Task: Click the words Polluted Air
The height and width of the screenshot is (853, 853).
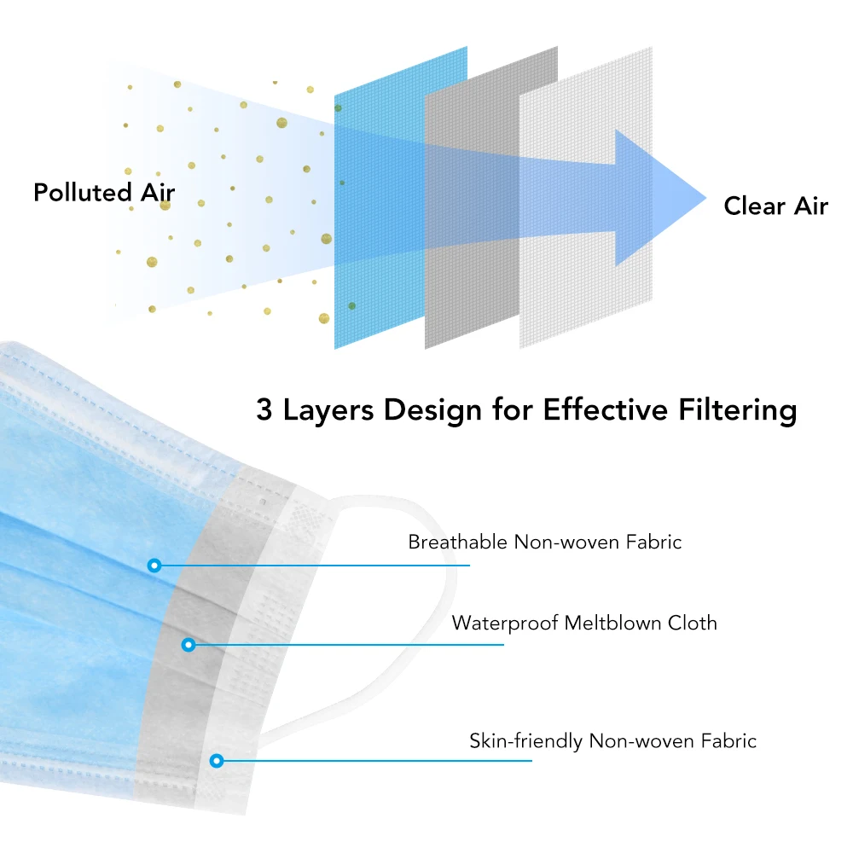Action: (x=104, y=193)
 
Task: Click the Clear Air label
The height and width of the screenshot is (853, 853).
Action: (x=775, y=206)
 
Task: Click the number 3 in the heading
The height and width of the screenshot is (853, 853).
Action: (x=264, y=409)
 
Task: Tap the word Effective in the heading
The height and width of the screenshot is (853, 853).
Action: (x=605, y=409)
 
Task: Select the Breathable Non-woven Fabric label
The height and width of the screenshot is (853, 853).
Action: (x=544, y=542)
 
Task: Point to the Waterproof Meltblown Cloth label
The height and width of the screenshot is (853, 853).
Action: (x=584, y=624)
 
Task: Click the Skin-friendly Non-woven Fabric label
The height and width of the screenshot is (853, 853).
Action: (x=612, y=741)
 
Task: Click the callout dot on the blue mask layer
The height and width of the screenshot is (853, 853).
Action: (x=154, y=566)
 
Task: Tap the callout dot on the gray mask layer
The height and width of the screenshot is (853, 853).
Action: (x=189, y=645)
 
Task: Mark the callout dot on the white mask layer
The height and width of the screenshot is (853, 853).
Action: (x=217, y=761)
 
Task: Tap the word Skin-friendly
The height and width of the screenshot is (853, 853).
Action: (x=525, y=741)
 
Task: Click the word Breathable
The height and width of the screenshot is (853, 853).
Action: (x=457, y=542)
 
